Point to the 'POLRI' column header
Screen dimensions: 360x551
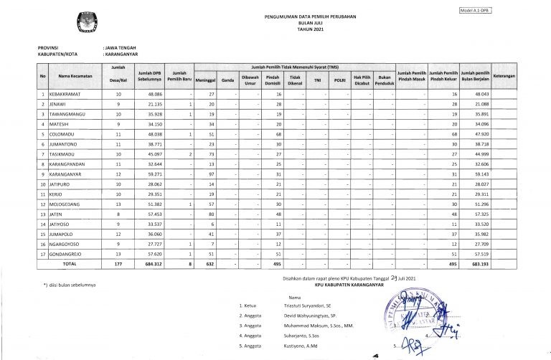point(340,80)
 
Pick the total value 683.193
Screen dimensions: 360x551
point(474,264)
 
